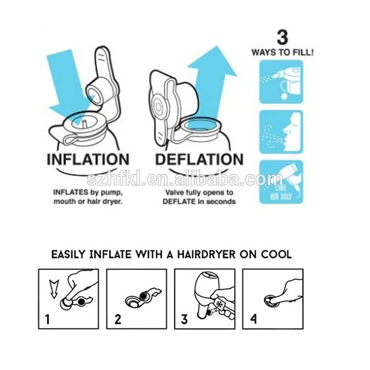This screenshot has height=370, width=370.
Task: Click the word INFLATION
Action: click(x=88, y=159)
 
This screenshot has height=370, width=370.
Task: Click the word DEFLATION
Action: click(x=199, y=159)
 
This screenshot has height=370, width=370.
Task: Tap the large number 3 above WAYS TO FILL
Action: click(x=283, y=37)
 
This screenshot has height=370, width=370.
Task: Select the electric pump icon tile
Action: click(x=281, y=81)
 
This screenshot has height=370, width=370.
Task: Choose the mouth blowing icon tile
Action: click(x=281, y=132)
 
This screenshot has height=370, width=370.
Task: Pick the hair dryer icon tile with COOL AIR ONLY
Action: click(x=281, y=182)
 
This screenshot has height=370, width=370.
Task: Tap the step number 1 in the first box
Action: click(x=48, y=319)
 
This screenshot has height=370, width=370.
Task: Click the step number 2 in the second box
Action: click(x=118, y=319)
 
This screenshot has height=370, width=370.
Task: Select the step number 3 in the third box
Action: click(x=185, y=319)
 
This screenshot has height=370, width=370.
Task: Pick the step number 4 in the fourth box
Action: click(x=253, y=319)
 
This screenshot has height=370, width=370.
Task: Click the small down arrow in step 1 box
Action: click(x=54, y=289)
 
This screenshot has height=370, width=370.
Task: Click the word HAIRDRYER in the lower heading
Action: click(x=206, y=255)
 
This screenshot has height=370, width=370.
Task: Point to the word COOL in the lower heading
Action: click(x=276, y=255)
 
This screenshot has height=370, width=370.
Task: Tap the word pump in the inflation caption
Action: click(x=112, y=193)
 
